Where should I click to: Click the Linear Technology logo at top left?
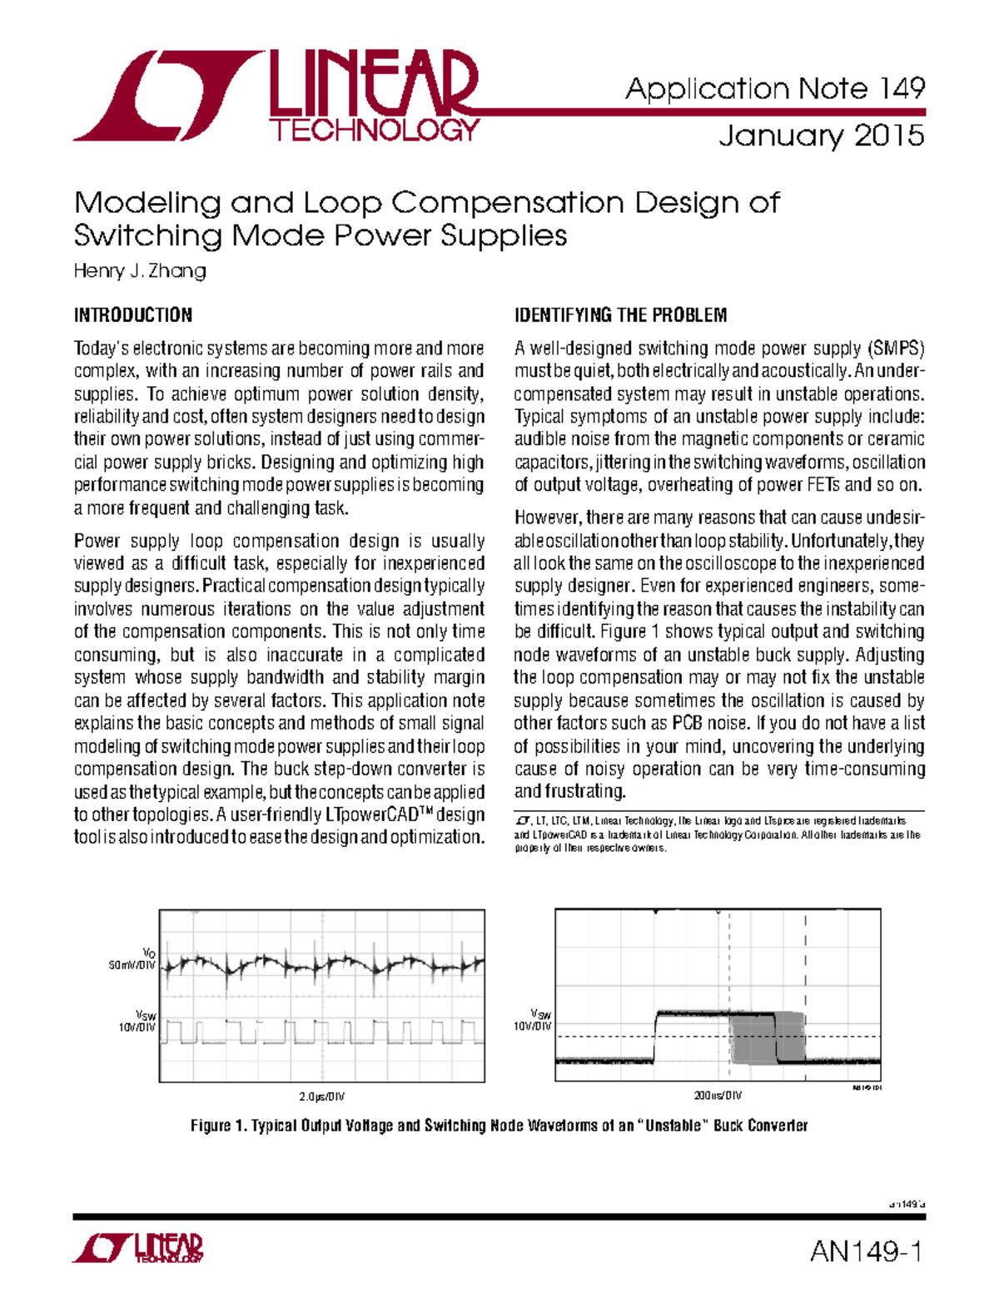275,96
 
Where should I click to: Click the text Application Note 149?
774,88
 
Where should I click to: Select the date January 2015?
821,136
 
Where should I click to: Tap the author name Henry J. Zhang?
140,271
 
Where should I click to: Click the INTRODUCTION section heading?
133,315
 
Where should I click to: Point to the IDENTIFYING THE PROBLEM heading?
620,315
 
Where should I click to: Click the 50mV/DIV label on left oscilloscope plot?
132,965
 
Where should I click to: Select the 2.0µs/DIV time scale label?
321,1096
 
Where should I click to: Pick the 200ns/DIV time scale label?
718,1096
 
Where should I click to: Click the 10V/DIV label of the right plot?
533,1026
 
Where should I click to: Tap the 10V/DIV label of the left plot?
137,1027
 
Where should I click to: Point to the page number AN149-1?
866,1251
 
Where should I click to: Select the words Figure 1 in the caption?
219,1126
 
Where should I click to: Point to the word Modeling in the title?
147,202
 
